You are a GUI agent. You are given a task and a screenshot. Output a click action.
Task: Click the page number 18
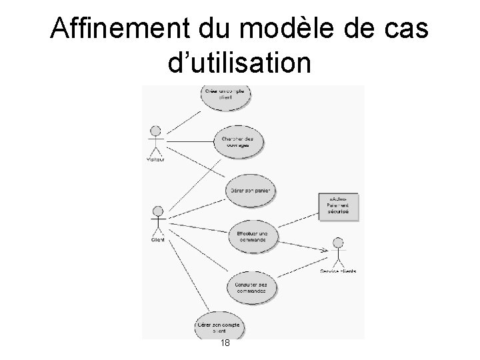point(225,343)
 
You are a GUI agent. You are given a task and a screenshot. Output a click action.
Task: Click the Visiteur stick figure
point(156,139)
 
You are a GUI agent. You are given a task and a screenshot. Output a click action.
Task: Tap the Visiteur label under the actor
point(156,159)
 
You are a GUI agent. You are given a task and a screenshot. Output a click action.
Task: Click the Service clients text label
point(338,271)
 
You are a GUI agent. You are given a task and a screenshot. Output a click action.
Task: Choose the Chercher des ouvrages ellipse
point(233,141)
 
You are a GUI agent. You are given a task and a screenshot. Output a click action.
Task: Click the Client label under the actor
point(157,239)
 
